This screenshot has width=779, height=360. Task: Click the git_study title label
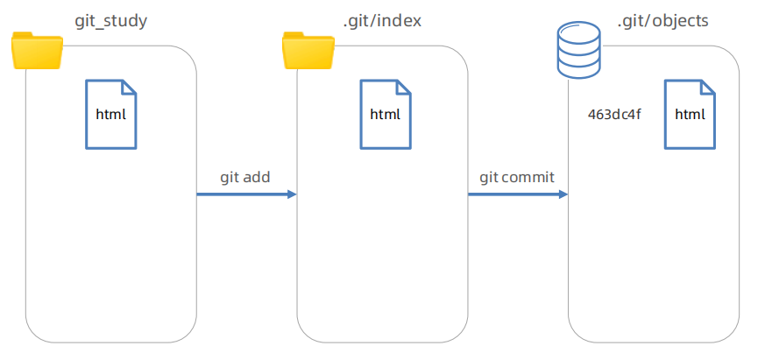tap(110, 19)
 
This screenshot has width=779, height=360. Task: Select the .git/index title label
tap(381, 19)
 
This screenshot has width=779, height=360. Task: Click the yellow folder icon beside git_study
tap(38, 51)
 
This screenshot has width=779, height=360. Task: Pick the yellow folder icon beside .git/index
tap(308, 51)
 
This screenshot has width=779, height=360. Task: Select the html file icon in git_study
tap(110, 113)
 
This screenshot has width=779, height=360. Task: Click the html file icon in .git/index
tap(385, 113)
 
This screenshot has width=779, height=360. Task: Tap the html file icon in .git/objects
tap(690, 113)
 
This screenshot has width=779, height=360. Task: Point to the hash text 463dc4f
tap(614, 115)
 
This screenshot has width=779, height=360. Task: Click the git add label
tap(244, 177)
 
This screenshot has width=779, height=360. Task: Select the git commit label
tap(516, 177)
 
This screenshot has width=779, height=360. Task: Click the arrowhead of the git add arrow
tap(292, 194)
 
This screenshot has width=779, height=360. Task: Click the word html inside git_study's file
tap(110, 115)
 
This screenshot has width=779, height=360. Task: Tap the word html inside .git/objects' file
tap(690, 115)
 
